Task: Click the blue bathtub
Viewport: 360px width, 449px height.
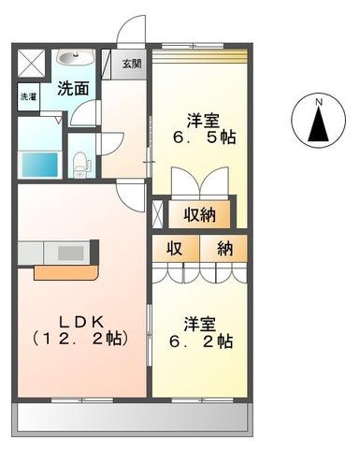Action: (40, 163)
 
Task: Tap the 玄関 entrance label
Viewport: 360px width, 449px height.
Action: (132, 65)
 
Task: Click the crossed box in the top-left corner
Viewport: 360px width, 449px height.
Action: (31, 63)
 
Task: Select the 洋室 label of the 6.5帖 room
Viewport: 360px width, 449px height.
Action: (202, 121)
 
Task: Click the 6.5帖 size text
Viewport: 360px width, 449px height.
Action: (202, 138)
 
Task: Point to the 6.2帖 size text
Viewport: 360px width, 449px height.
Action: (199, 342)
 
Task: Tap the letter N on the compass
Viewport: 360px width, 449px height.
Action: (318, 101)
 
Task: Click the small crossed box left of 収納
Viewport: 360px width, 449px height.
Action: (157, 212)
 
